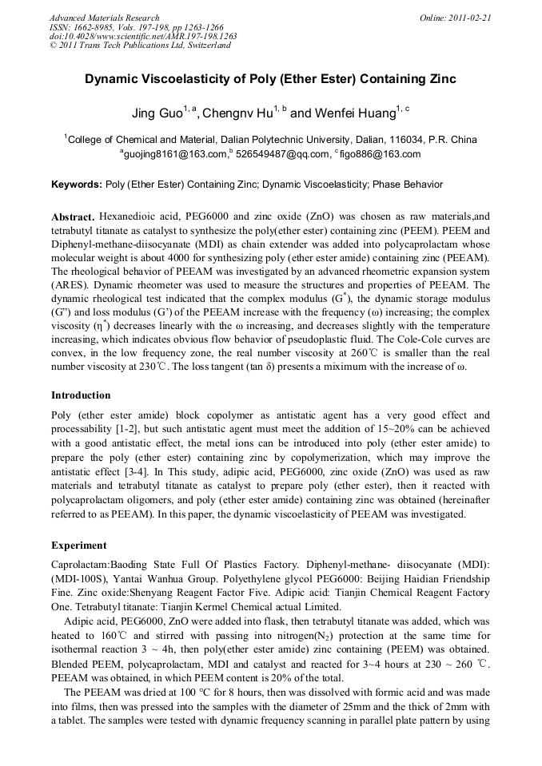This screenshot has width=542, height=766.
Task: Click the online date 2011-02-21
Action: click(469, 18)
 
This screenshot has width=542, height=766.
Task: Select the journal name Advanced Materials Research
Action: click(104, 18)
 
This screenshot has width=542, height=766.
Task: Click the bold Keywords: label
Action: click(77, 185)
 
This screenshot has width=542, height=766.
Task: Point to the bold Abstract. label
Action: click(74, 217)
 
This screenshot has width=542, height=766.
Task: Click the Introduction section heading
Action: click(81, 395)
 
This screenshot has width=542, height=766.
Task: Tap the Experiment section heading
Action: click(79, 546)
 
